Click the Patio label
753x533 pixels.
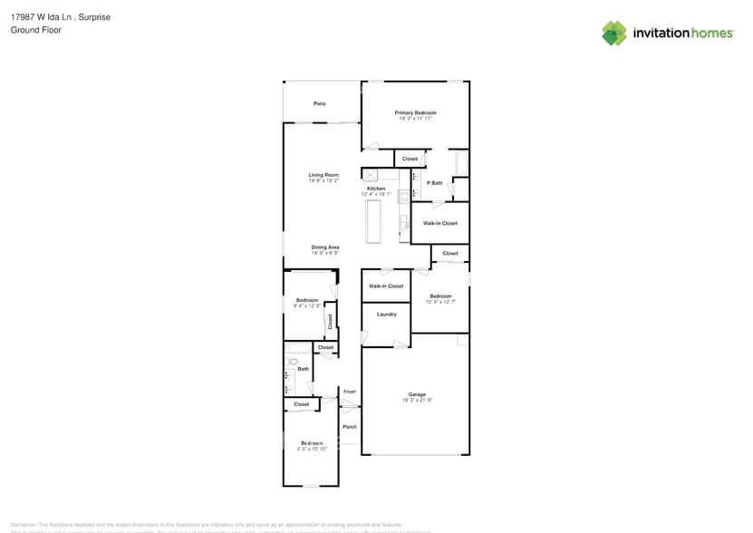tap(320, 104)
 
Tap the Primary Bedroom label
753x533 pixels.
tap(415, 112)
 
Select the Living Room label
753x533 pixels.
tap(323, 175)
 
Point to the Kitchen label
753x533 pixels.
tap(376, 189)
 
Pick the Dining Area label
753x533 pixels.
tap(325, 247)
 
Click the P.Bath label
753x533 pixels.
tap(435, 183)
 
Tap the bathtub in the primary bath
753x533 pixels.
tap(462, 164)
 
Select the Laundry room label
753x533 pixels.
tap(387, 315)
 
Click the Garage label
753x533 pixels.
tap(417, 394)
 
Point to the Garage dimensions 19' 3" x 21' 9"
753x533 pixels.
tap(417, 400)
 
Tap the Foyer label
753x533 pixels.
tap(350, 392)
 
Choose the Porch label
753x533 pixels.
tap(350, 427)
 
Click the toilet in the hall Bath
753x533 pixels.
tap(293, 362)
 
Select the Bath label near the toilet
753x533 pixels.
tap(304, 369)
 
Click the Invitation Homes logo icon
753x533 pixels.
tap(614, 34)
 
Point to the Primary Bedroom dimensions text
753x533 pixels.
tap(415, 119)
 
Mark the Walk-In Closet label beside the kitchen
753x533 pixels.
tap(440, 223)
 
